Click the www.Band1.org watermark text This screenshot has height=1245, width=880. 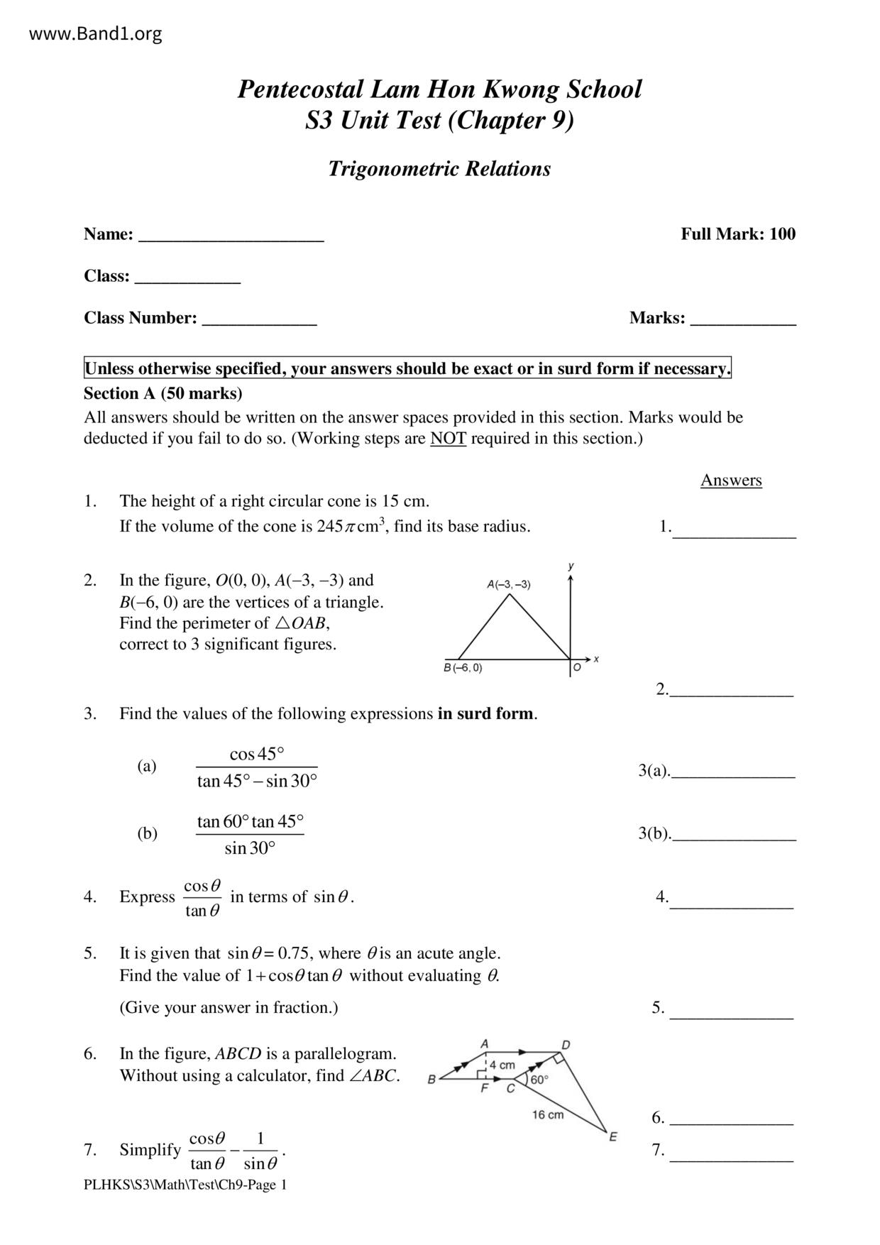tap(96, 33)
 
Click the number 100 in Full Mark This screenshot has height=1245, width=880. tap(782, 234)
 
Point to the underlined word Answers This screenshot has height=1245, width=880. tap(731, 481)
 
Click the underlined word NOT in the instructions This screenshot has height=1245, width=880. tap(448, 439)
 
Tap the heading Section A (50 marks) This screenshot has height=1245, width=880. tap(163, 393)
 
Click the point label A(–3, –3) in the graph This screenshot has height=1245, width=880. tap(508, 585)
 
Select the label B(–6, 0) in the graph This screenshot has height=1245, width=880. tap(463, 668)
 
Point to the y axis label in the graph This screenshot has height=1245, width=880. tap(571, 566)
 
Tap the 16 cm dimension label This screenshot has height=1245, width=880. tap(548, 1114)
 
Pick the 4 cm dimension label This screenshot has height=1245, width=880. tap(502, 1065)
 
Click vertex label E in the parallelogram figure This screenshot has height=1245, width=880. tap(613, 1136)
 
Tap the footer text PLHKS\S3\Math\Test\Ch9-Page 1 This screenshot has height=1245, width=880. tap(185, 1185)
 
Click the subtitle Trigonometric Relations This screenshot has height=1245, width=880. tap(439, 169)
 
